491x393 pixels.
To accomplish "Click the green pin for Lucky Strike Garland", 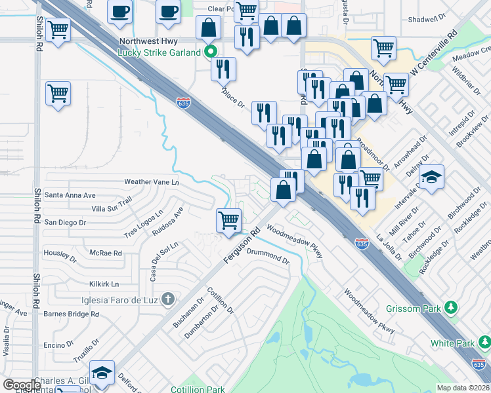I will (210, 52).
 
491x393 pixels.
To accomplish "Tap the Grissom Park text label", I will (415, 307).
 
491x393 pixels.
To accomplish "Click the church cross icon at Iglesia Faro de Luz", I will (167, 300).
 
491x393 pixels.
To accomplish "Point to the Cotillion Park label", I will (197, 389).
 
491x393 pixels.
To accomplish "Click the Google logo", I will (22, 385).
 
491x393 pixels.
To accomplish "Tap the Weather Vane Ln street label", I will (151, 181).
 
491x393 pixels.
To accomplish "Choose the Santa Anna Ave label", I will (70, 195).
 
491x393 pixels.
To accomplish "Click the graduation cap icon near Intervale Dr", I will (432, 178).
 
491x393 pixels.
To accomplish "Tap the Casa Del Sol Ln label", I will (164, 261).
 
